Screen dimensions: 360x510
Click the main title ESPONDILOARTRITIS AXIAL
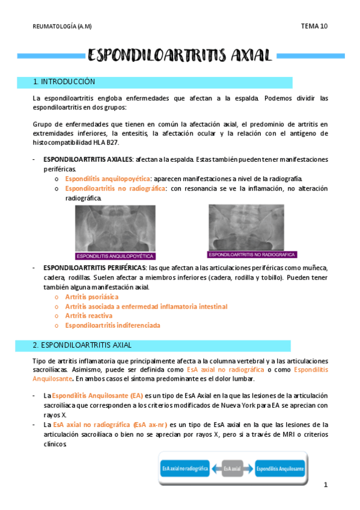pyautogui.click(x=180, y=56)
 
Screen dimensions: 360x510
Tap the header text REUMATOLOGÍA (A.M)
pyautogui.click(x=62, y=26)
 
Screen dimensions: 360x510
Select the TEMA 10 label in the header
pyautogui.click(x=314, y=26)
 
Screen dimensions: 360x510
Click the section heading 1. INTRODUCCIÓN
pyautogui.click(x=64, y=82)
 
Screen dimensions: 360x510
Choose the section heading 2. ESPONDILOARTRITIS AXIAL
pyautogui.click(x=83, y=345)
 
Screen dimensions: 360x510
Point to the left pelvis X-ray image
pyautogui.click(x=115, y=227)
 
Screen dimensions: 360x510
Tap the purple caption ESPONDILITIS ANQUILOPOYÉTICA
pyautogui.click(x=115, y=256)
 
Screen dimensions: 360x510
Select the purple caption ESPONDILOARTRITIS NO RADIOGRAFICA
pyautogui.click(x=252, y=254)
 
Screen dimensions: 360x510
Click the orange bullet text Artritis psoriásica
pyautogui.click(x=92, y=297)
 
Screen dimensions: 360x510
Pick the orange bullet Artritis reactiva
pyautogui.click(x=87, y=316)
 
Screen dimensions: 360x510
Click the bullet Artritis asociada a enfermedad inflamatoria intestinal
pyautogui.click(x=146, y=307)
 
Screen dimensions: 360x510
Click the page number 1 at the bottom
pyautogui.click(x=325, y=485)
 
